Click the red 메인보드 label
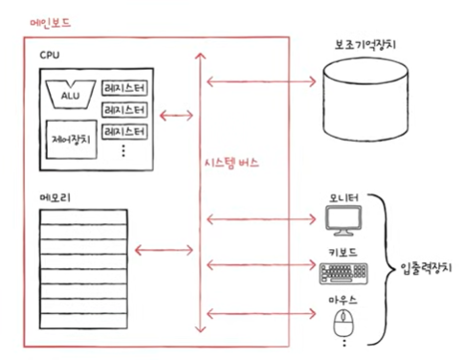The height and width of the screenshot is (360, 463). [50, 23]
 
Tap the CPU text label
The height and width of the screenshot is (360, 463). [50, 56]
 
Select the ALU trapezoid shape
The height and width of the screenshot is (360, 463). [71, 94]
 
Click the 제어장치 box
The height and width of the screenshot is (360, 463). [71, 140]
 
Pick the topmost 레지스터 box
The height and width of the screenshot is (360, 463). [124, 88]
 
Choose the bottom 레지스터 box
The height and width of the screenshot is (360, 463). [124, 131]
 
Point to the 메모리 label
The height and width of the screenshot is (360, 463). [55, 197]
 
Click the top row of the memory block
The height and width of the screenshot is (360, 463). [83, 217]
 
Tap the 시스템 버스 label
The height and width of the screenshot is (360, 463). [231, 163]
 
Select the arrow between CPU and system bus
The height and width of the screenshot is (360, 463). [176, 116]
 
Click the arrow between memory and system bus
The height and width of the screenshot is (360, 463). [164, 250]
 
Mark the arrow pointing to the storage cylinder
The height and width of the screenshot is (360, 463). [261, 81]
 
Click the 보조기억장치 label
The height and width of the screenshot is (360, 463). [365, 44]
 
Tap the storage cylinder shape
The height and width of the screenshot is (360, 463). [365, 100]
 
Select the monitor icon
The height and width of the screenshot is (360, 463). [343, 220]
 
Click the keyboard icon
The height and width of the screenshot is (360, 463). [343, 274]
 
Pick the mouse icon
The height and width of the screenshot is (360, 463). [343, 323]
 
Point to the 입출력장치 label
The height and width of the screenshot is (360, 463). [426, 267]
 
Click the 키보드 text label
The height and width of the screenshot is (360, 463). [342, 253]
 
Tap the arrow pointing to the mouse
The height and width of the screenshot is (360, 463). [261, 313]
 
